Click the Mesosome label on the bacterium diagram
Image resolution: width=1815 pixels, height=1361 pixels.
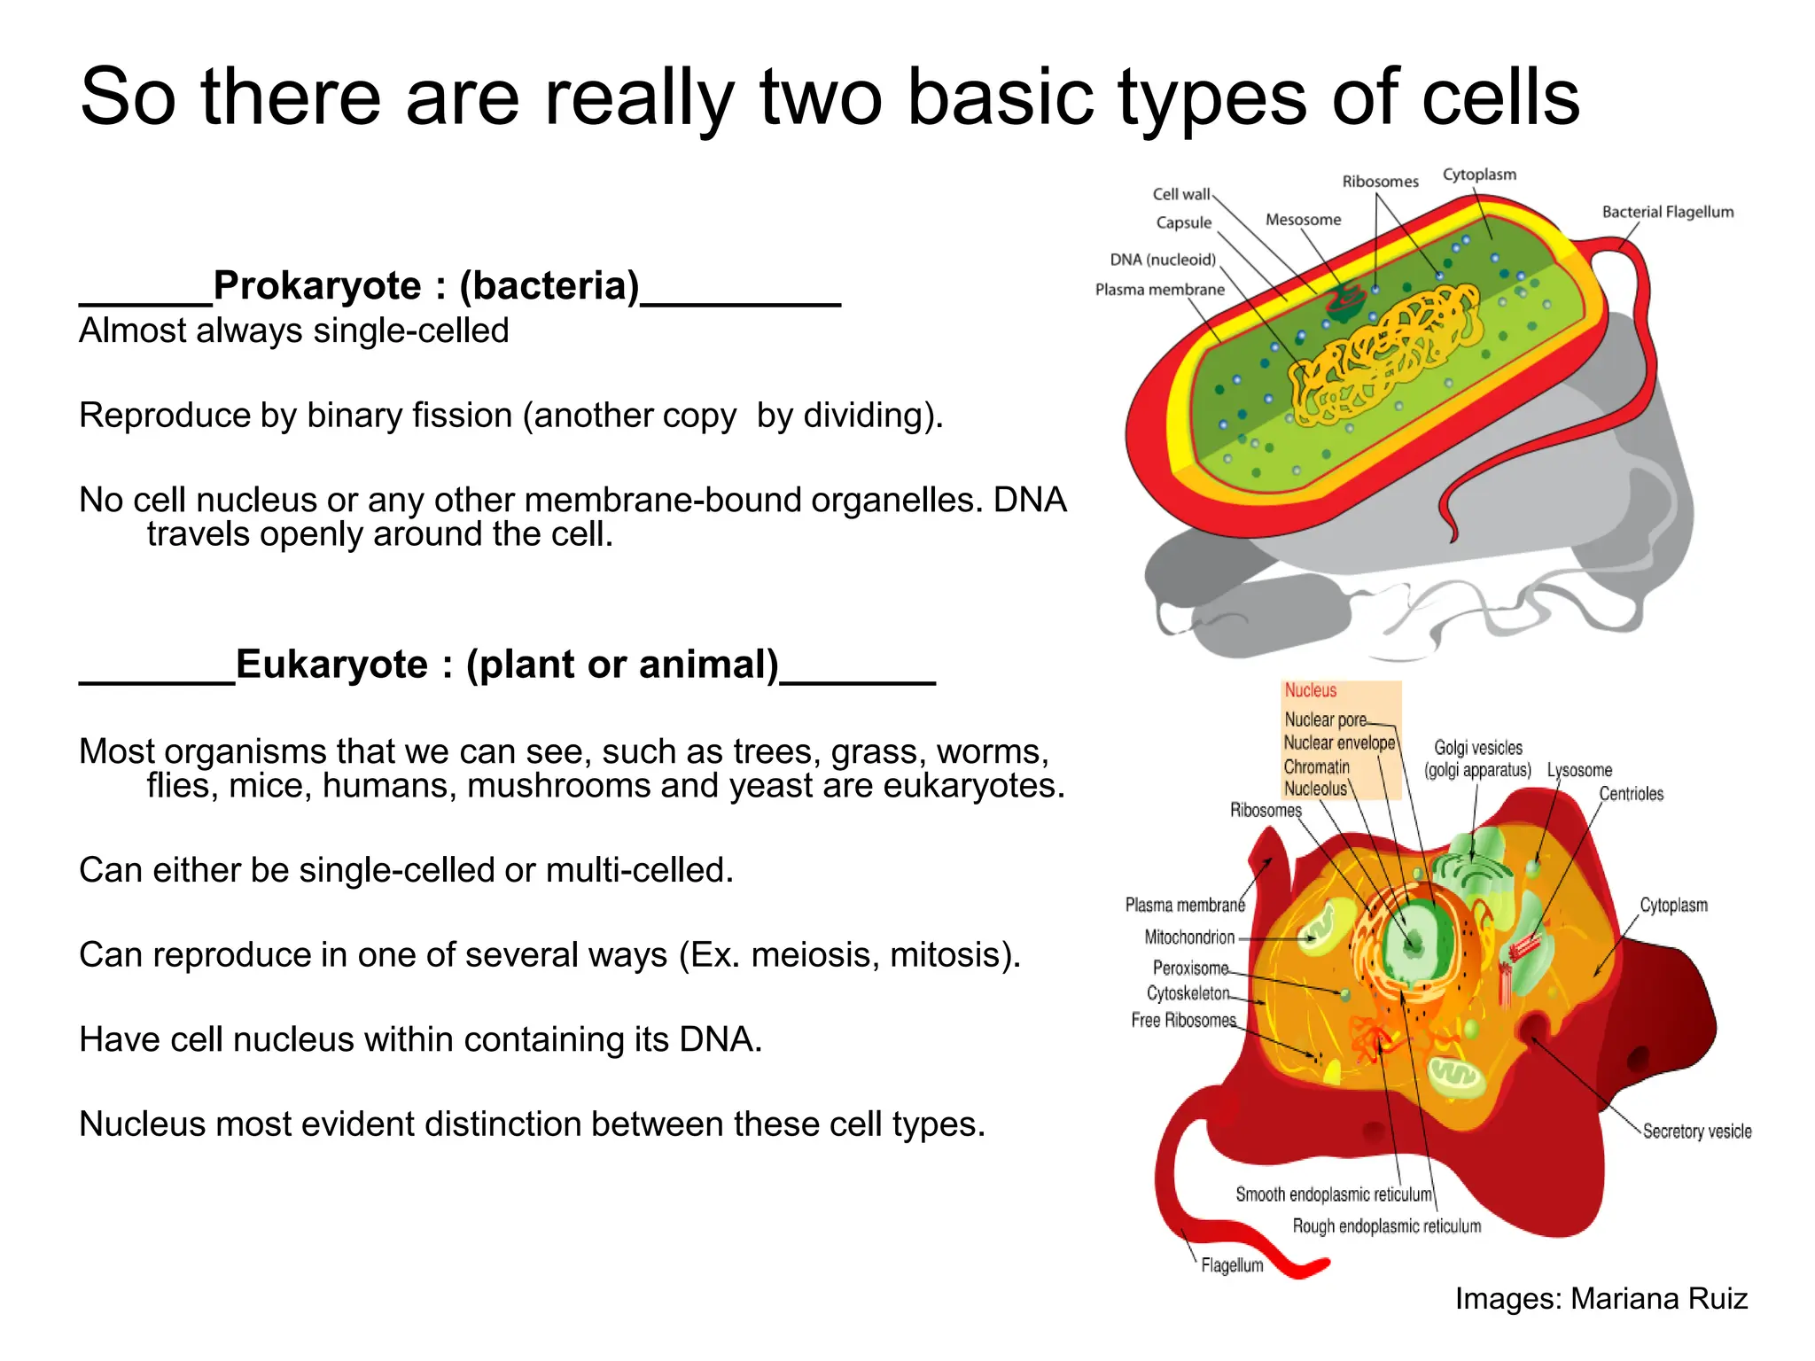coord(1303,220)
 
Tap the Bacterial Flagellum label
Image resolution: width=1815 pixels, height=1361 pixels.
coord(1667,212)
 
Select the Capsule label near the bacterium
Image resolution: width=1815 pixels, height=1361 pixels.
coord(1183,222)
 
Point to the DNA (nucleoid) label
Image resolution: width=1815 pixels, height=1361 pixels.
coord(1162,260)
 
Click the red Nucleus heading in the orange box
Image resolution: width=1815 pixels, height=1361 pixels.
coord(1310,690)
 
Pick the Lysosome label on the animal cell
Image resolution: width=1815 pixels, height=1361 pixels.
coord(1579,770)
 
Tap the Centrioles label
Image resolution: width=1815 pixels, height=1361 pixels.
coord(1631,794)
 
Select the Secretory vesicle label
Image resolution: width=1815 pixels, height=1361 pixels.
coord(1696,1132)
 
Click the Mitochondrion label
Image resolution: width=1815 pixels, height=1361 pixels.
coord(1188,937)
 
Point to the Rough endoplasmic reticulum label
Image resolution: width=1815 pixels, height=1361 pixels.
coord(1386,1226)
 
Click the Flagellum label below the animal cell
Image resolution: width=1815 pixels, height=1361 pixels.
coord(1232,1265)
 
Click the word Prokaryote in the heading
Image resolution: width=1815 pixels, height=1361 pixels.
coord(317,285)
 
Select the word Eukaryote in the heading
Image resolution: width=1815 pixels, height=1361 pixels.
coord(331,665)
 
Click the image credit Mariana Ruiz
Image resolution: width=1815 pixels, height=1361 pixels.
coord(1658,1299)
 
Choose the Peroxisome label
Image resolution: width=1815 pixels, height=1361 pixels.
coord(1190,968)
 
